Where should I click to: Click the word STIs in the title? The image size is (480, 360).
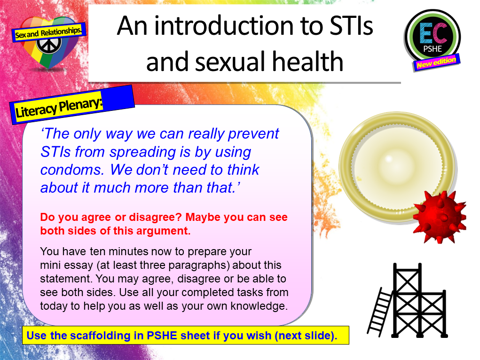[x=348, y=26]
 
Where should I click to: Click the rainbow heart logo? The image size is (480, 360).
[x=47, y=42]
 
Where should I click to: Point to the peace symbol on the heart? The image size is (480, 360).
[x=47, y=46]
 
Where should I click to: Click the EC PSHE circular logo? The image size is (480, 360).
[x=432, y=37]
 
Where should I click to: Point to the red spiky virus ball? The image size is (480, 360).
[x=439, y=216]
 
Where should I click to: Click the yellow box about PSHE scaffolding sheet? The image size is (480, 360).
[x=185, y=336]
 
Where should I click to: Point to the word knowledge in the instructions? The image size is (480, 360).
[x=263, y=306]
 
